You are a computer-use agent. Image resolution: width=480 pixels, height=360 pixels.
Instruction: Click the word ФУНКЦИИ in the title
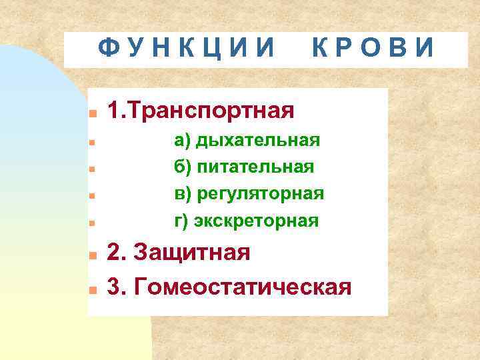[187, 48]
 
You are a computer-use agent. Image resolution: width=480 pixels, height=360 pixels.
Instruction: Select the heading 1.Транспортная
[201, 110]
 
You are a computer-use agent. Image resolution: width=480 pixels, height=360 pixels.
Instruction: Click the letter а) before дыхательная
[182, 140]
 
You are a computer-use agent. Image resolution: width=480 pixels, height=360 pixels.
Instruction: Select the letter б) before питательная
[182, 167]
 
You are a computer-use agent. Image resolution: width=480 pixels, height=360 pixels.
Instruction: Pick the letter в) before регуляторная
[182, 193]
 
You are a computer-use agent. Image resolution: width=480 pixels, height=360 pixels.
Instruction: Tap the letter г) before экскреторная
[181, 220]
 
